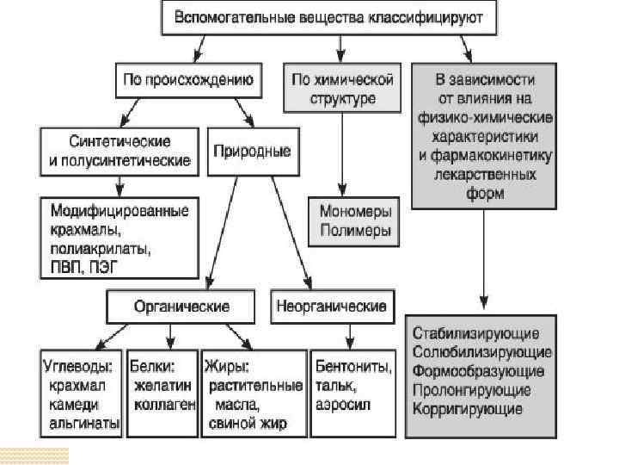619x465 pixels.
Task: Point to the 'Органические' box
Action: [181, 306]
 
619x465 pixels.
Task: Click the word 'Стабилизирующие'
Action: [476, 332]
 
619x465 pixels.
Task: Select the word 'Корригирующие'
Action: [468, 408]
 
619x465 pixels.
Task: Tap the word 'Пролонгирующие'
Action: [474, 389]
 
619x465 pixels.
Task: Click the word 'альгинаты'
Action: [84, 424]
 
